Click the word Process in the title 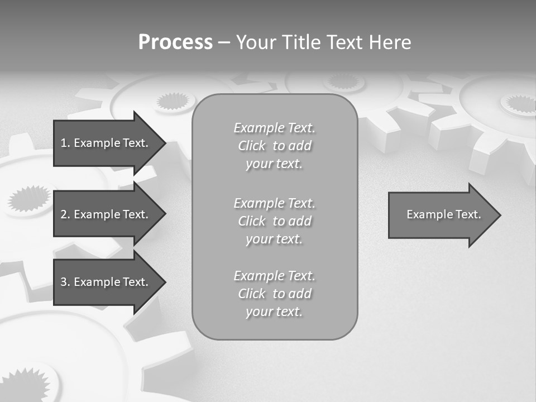point(175,42)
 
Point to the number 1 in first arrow point(64,143)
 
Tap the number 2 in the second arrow point(64,214)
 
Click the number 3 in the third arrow point(64,282)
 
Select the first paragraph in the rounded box point(274,146)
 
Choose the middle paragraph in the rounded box point(274,221)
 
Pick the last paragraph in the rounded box point(274,294)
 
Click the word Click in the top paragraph point(252,146)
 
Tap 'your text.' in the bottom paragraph point(274,312)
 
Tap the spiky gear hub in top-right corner point(519,103)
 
